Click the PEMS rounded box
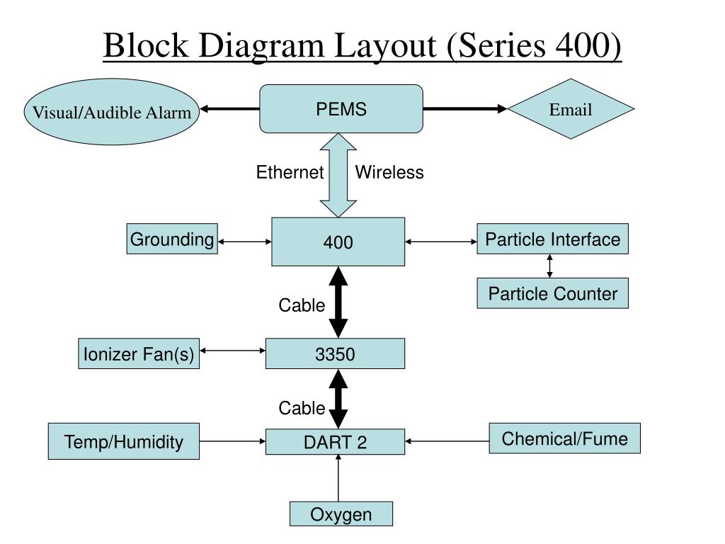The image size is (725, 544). tap(341, 108)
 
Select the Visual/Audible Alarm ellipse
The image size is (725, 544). tap(111, 111)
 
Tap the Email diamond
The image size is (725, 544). tap(571, 108)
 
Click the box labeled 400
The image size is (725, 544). tap(338, 242)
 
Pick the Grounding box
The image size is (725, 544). tap(172, 239)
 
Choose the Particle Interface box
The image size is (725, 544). tap(552, 239)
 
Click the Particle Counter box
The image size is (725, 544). tap(552, 293)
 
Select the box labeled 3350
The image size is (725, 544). tap(335, 353)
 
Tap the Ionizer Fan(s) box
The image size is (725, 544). tap(139, 353)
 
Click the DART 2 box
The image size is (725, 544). tap(335, 442)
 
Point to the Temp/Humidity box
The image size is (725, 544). tap(123, 441)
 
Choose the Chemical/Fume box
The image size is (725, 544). tap(564, 438)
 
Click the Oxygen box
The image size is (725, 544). tap(341, 514)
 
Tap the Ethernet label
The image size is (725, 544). tap(290, 172)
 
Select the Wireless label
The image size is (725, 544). tap(389, 172)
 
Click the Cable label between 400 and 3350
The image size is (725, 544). tap(302, 305)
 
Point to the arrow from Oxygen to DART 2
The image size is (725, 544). tap(338, 478)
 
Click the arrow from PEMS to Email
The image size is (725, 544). tap(465, 108)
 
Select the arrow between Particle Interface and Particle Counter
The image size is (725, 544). tap(549, 266)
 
